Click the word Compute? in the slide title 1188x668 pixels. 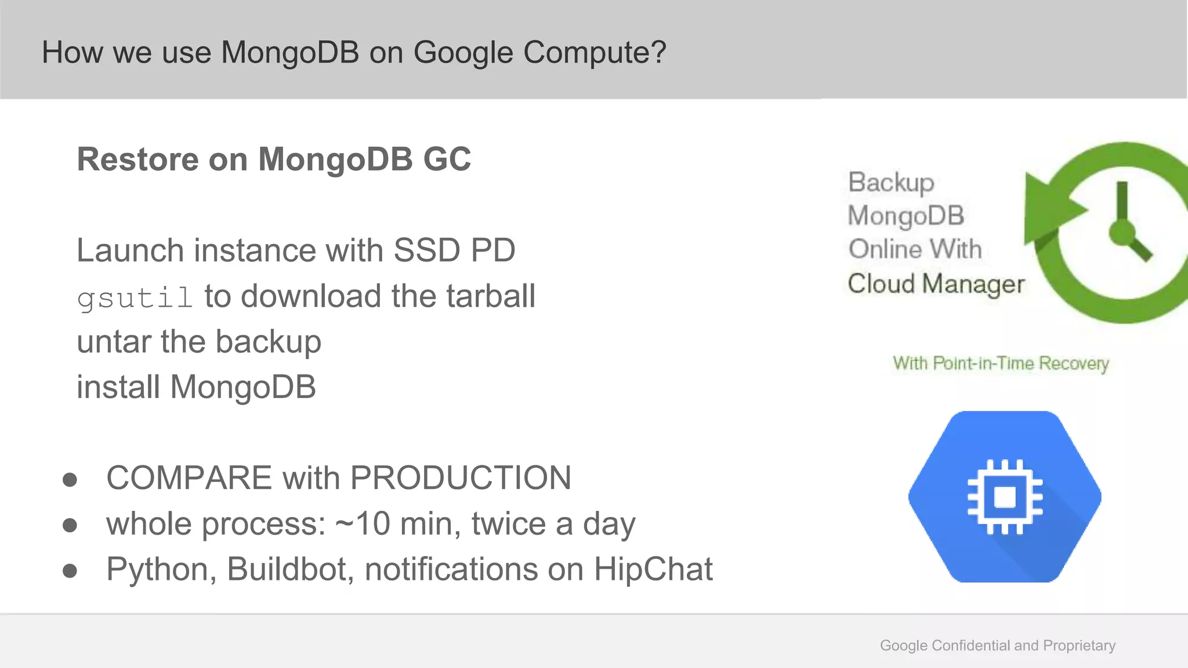point(595,53)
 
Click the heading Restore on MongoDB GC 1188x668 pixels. point(274,159)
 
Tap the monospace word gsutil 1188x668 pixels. point(135,298)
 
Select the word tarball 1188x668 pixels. point(490,296)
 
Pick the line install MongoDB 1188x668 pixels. point(196,387)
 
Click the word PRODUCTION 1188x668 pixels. point(461,478)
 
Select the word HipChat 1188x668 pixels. point(653,569)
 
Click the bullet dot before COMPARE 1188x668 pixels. point(70,480)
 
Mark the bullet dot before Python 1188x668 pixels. point(70,571)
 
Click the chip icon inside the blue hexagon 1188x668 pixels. point(1005,497)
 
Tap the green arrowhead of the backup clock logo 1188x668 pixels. point(1047,209)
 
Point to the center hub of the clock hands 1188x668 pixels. point(1122,233)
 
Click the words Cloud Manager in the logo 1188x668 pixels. point(936,284)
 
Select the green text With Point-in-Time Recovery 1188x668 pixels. point(1001,364)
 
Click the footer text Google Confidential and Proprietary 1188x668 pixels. point(997,645)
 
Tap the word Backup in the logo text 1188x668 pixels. point(891,183)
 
